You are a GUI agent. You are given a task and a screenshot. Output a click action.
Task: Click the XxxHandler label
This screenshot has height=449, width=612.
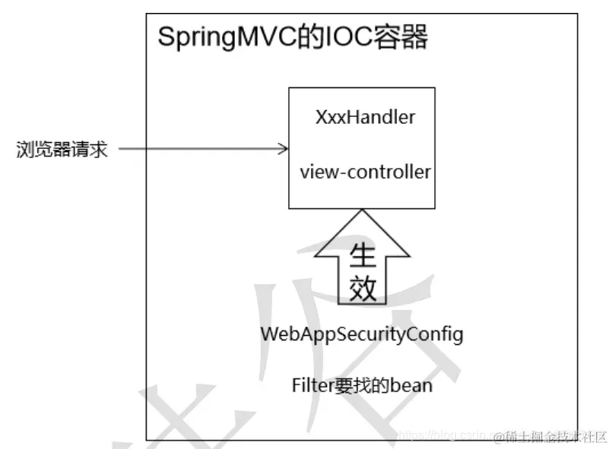pyautogui.click(x=365, y=118)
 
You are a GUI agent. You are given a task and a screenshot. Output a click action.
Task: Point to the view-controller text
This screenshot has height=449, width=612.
pyautogui.click(x=365, y=172)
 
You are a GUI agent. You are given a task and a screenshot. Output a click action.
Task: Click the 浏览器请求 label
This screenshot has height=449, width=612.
pyautogui.click(x=62, y=150)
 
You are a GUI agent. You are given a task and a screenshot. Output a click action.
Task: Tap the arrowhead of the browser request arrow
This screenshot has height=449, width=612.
pyautogui.click(x=284, y=149)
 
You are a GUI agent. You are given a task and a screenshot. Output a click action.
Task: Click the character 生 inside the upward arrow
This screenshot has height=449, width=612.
pyautogui.click(x=363, y=256)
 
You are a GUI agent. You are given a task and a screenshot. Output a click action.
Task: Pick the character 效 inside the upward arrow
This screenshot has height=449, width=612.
pyautogui.click(x=363, y=288)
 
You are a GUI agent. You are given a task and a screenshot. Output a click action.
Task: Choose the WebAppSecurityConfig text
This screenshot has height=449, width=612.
pyautogui.click(x=362, y=334)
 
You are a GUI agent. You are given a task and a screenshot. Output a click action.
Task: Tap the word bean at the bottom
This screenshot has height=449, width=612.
pyautogui.click(x=412, y=386)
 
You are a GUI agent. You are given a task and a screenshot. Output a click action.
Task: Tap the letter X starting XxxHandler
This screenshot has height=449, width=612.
pyautogui.click(x=321, y=118)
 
